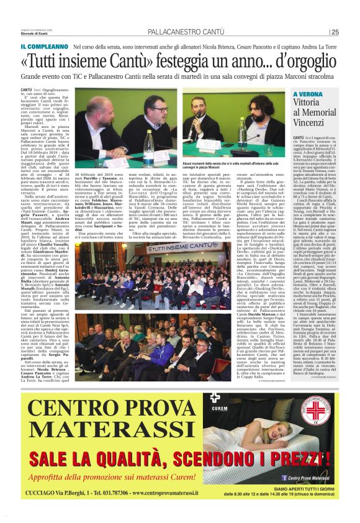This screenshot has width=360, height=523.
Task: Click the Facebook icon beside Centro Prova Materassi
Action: point(284,477)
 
